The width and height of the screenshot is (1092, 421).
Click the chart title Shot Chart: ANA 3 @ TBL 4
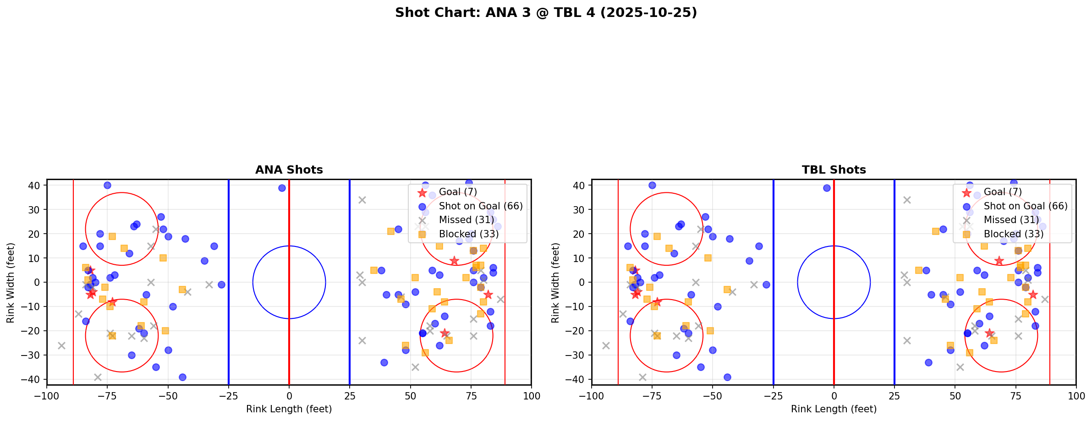pos(546,13)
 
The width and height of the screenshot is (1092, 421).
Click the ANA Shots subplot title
pos(289,170)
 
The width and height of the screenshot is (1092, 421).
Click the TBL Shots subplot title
pos(834,170)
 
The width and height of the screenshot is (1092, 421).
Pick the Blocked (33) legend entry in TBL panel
pos(1014,234)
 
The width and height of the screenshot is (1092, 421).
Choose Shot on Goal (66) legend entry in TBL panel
pos(1026,206)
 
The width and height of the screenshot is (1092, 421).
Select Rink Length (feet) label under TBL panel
pos(834,409)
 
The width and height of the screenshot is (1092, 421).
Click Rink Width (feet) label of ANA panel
pos(10,283)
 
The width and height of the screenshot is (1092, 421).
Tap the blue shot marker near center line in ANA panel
pos(282,188)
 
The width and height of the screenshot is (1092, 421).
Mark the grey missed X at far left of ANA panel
pos(61,345)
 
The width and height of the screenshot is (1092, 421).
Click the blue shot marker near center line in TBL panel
pos(827,188)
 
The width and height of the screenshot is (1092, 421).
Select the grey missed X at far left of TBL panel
pos(606,345)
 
